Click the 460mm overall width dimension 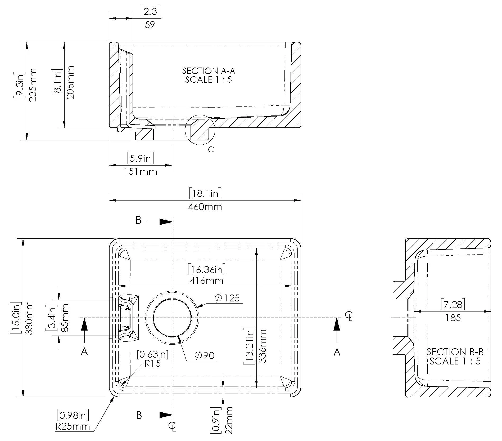205,207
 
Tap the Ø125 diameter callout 227,298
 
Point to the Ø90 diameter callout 205,355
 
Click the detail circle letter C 211,149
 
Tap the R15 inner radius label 153,364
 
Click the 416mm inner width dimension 206,280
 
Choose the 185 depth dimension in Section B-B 453,318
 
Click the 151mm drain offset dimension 141,172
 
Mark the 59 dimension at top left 150,25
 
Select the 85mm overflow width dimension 64,318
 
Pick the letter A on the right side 337,352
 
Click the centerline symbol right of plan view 349,316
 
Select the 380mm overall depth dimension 29,318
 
